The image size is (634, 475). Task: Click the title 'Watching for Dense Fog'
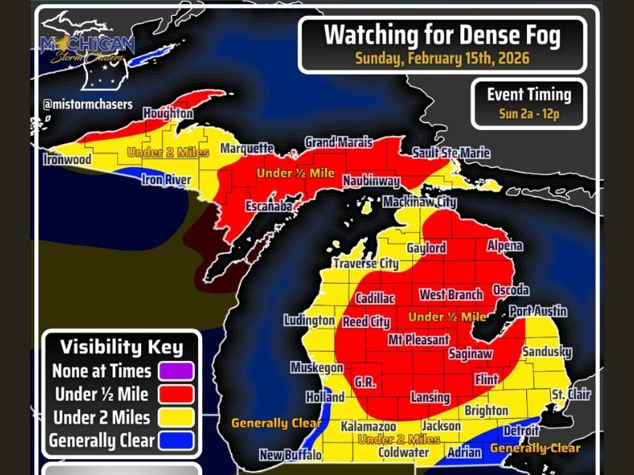[x=442, y=35]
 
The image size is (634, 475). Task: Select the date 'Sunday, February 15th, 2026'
[x=442, y=58]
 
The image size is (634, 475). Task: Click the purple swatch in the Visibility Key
[x=175, y=370]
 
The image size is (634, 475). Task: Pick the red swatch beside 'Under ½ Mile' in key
[x=175, y=394]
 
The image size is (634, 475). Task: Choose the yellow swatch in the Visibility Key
[x=175, y=417]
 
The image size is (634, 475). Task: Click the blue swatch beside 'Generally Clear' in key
[x=175, y=439]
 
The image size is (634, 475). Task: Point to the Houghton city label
[x=168, y=114]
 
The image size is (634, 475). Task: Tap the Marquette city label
[x=246, y=149]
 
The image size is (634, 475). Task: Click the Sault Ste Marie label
[x=451, y=153]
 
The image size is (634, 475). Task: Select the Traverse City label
[x=365, y=264]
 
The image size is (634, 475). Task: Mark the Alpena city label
[x=504, y=246]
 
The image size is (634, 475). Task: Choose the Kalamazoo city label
[x=368, y=427]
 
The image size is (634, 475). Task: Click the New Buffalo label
[x=291, y=455]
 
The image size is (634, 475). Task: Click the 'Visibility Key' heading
[x=121, y=348]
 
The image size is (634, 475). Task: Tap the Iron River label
[x=166, y=180]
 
